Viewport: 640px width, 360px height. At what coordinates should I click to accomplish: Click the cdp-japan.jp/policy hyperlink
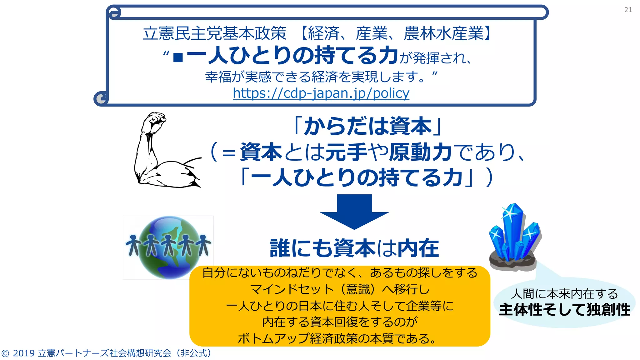point(321,93)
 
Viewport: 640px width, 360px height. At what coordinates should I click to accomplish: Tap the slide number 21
point(628,10)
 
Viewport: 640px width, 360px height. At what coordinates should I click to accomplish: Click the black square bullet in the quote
point(178,57)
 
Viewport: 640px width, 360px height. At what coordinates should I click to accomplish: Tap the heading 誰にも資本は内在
point(354,248)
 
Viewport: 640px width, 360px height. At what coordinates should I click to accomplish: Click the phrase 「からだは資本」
point(367,127)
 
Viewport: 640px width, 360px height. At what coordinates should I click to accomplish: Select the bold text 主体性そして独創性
point(564,310)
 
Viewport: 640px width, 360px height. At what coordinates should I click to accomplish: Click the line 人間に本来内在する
point(564,294)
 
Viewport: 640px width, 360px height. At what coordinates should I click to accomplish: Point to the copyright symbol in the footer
point(5,353)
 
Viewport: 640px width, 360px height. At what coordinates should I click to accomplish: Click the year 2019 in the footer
point(24,353)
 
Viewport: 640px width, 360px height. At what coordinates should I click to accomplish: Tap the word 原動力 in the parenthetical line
point(420,152)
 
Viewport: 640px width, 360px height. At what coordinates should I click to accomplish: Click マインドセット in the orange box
point(292,289)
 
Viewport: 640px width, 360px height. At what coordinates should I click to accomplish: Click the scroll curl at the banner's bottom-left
point(101,99)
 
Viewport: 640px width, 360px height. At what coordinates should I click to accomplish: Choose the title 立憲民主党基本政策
point(214,33)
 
